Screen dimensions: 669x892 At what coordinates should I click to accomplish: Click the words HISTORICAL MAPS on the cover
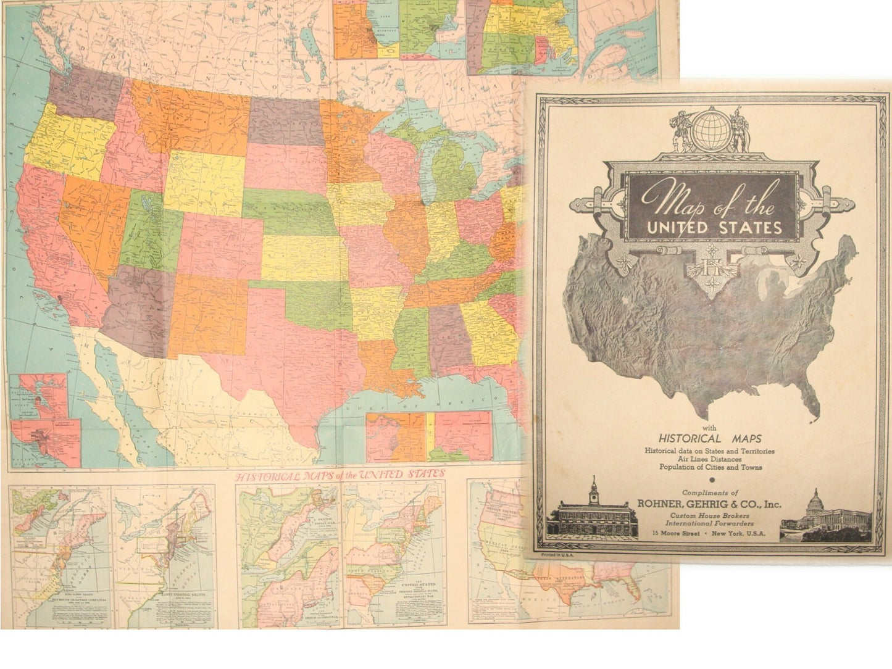(x=709, y=439)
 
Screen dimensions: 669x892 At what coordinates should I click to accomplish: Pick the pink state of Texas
(x=296, y=346)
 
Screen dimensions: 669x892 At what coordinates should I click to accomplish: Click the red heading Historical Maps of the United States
(x=339, y=475)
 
